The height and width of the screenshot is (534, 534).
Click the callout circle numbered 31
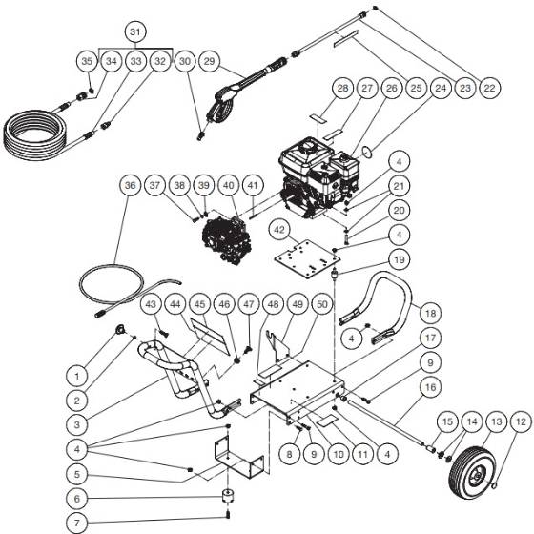click(137, 33)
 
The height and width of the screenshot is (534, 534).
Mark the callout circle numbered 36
click(130, 188)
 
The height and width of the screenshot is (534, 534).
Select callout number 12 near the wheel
click(520, 421)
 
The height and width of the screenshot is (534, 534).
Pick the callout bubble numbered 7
click(79, 523)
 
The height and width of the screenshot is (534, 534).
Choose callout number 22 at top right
click(490, 89)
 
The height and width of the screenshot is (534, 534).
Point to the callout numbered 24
click(440, 89)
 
